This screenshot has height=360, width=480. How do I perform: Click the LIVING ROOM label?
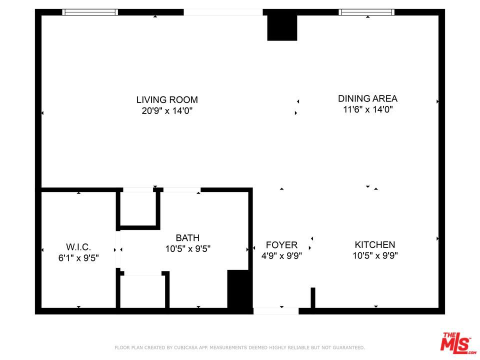167,99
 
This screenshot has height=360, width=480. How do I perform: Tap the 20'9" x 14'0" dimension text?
167,110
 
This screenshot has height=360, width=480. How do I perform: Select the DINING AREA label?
367,98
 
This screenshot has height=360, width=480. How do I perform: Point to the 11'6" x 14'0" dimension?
367,109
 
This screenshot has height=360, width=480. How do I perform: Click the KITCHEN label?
375,244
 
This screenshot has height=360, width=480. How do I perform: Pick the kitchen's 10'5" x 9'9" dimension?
375,255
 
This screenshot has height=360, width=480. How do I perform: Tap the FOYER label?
281,245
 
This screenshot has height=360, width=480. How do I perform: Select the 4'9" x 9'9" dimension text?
281,256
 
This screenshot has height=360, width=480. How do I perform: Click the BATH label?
187,238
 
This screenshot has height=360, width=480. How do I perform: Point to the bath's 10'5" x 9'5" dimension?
187,248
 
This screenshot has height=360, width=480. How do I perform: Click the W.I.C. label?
78,247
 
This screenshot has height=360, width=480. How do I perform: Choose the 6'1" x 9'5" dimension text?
78,258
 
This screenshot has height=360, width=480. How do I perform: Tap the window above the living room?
90,12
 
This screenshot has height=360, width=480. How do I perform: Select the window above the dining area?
366,12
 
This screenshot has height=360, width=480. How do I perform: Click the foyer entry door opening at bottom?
276,311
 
